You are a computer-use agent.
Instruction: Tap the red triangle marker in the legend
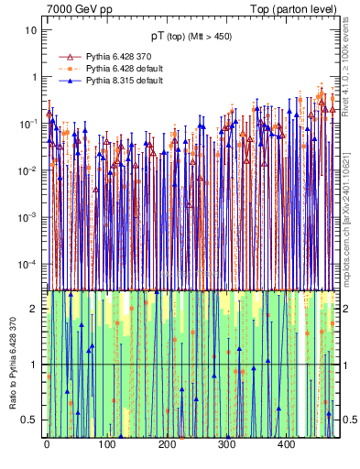[x=65, y=56]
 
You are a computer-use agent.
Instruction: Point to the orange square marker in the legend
[x=65, y=69]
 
